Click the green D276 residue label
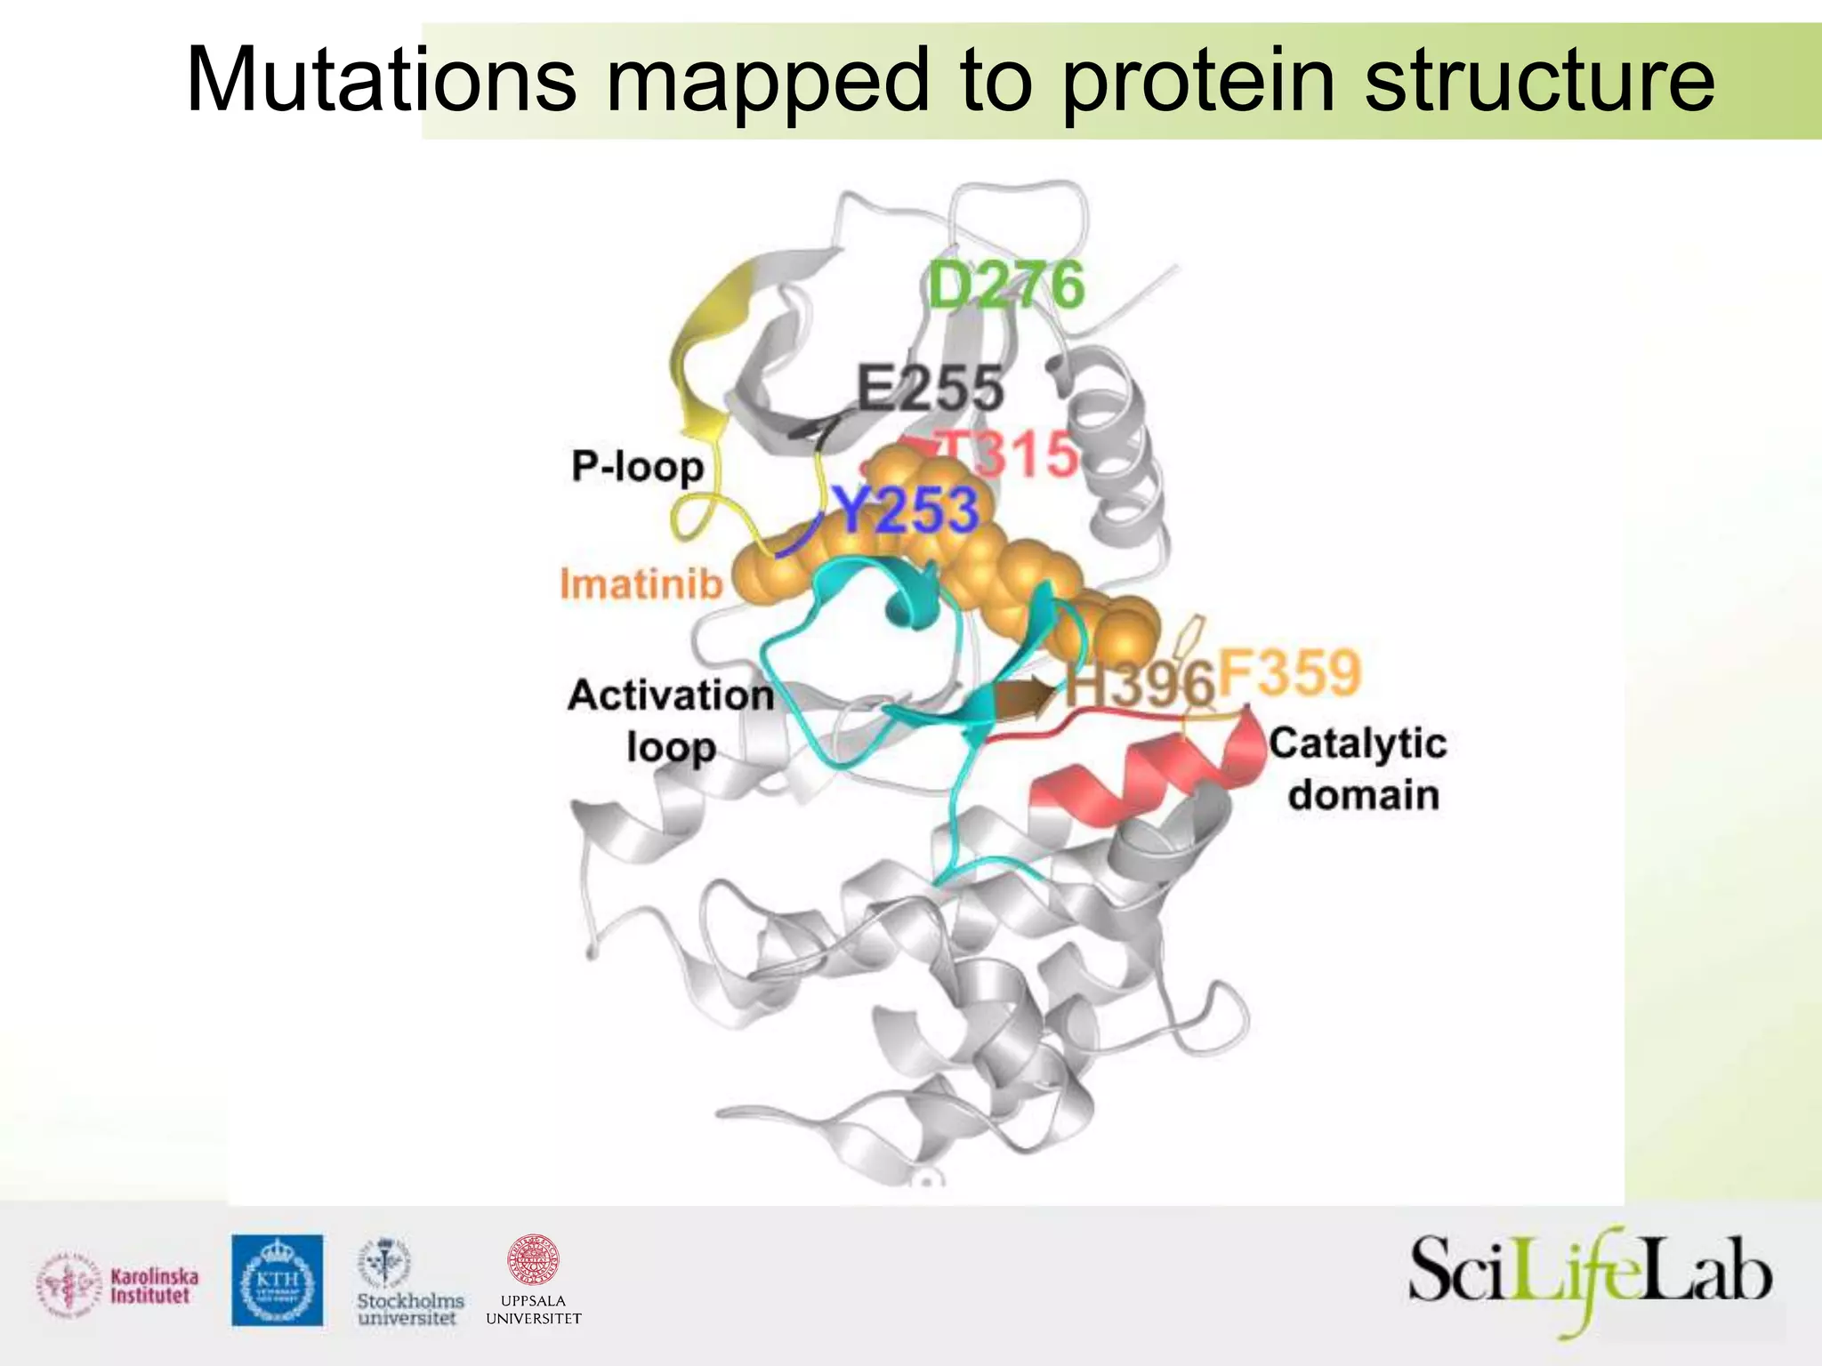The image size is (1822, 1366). [1005, 285]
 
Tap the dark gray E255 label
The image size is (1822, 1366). [930, 389]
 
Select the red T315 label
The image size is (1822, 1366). [1010, 454]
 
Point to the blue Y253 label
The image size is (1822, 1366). [907, 510]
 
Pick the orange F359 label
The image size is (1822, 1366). [1289, 673]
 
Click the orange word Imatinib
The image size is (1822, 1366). [641, 584]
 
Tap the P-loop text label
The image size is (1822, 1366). [637, 466]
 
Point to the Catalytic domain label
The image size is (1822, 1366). [1358, 768]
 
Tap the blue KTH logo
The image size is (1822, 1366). [278, 1280]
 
